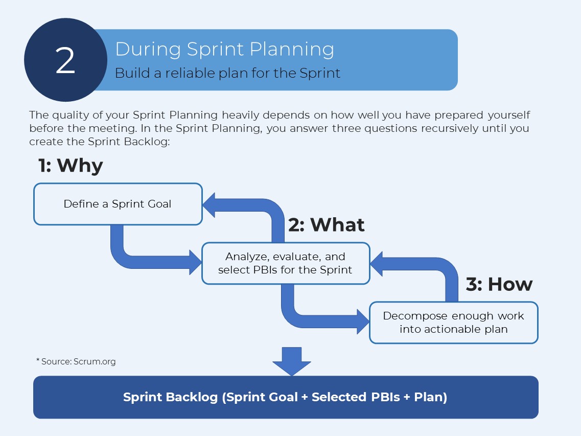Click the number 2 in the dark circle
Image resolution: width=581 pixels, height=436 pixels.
point(65,60)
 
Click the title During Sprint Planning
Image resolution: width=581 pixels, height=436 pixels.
point(224,49)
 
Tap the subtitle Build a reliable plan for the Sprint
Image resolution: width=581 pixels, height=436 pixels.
point(227,73)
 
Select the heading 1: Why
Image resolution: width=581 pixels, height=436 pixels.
point(71,166)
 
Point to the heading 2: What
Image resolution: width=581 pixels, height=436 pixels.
point(326,225)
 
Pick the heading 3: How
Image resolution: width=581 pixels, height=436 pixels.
point(499,284)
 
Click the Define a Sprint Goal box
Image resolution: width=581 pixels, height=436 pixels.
point(118,204)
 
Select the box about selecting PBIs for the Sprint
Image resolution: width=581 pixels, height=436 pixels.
point(286,263)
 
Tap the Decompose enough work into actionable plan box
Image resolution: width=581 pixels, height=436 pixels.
point(454,323)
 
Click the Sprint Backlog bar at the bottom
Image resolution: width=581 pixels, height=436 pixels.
point(286,397)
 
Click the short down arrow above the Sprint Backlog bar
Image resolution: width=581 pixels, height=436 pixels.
point(292,361)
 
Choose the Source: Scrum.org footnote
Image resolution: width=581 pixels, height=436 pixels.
point(76,361)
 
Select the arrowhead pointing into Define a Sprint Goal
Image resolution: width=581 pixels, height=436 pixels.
point(208,205)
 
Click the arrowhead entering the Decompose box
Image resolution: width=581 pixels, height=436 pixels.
point(363,322)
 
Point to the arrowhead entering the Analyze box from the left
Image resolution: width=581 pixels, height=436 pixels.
point(196,262)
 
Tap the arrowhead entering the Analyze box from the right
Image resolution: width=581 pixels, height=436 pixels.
point(377,264)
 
